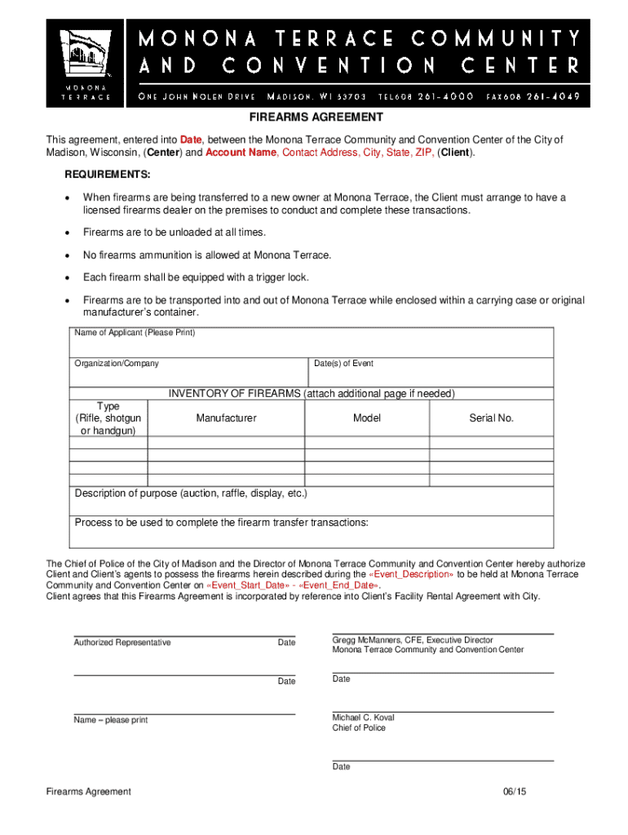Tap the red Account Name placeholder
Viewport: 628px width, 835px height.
pyautogui.click(x=241, y=153)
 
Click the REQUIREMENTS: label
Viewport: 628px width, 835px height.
pyautogui.click(x=108, y=175)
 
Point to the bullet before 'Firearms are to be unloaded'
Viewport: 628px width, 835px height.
pyautogui.click(x=68, y=233)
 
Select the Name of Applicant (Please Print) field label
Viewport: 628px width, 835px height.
pyautogui.click(x=135, y=333)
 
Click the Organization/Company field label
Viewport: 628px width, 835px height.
pyautogui.click(x=117, y=364)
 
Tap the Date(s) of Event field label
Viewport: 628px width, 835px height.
pyautogui.click(x=343, y=364)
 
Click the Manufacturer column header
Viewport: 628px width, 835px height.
pyautogui.click(x=226, y=418)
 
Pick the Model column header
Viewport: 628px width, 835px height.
pyautogui.click(x=367, y=418)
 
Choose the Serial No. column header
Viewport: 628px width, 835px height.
pyautogui.click(x=491, y=418)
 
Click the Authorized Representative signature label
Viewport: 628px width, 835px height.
pyautogui.click(x=122, y=643)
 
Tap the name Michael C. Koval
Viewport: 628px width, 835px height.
pyautogui.click(x=363, y=718)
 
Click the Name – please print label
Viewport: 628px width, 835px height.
pyautogui.click(x=111, y=720)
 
